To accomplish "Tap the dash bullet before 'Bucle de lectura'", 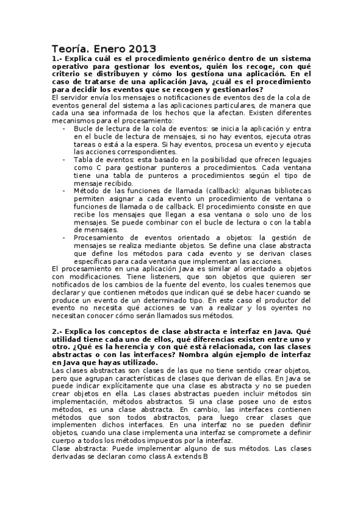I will [x=65, y=128].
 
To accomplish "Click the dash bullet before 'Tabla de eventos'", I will [x=65, y=159].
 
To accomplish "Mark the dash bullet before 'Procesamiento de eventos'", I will [x=65, y=237].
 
